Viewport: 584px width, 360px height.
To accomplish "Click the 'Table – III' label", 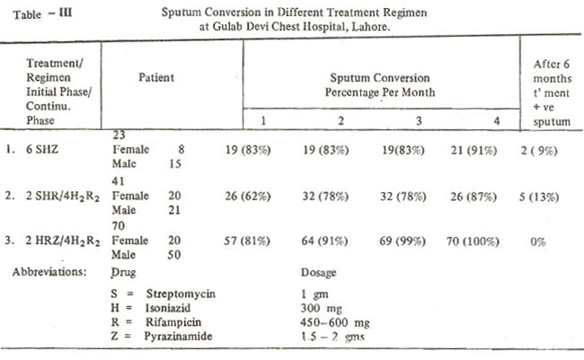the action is click(x=42, y=14).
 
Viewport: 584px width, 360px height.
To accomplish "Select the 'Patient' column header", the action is click(x=156, y=77).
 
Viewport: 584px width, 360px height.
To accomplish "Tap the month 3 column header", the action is click(x=419, y=120).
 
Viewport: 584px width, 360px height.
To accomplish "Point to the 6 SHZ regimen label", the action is click(x=42, y=149).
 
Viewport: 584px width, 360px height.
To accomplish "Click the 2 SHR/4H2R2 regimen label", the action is click(x=63, y=197).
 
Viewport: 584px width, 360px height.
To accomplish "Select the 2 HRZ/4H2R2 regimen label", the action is click(x=63, y=241).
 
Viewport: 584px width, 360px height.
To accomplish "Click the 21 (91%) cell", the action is click(x=473, y=151).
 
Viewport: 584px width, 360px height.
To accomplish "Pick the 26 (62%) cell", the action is click(x=248, y=197).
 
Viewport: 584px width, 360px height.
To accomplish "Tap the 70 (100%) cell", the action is click(x=473, y=241).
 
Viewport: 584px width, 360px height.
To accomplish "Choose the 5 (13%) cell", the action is click(x=539, y=197).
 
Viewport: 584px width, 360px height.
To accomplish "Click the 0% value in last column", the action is click(x=538, y=242).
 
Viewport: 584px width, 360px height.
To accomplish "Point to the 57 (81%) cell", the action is click(x=247, y=241).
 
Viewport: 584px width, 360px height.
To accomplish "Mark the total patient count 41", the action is click(x=118, y=181).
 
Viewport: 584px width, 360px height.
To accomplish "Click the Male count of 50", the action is click(x=174, y=255).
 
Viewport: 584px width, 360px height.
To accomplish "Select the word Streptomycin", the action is click(x=181, y=294).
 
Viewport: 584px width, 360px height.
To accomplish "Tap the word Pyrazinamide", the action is click(x=178, y=336).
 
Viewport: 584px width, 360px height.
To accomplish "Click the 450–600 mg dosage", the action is click(x=335, y=322).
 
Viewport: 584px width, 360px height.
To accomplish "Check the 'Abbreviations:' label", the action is click(x=49, y=272).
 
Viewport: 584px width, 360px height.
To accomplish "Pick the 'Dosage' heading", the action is click(x=318, y=273).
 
